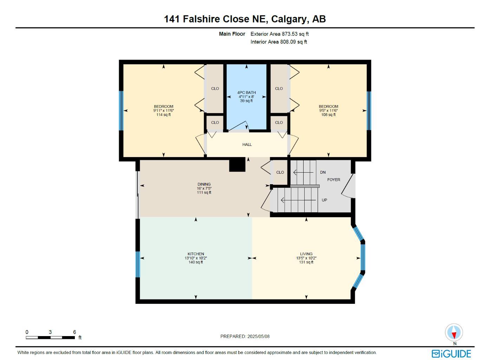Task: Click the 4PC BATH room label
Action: tap(246, 93)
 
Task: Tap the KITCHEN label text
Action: tap(196, 254)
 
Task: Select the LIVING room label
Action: tap(306, 254)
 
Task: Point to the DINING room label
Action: tap(204, 184)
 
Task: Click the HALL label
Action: tap(247, 144)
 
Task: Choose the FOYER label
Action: tap(333, 180)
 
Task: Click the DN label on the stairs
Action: tap(323, 172)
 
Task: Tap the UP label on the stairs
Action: tap(324, 200)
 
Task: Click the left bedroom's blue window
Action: tap(121, 110)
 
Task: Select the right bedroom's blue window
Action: tap(369, 110)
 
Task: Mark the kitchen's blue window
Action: tap(138, 264)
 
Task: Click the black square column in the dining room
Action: tap(237, 165)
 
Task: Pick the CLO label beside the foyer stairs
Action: tap(280, 172)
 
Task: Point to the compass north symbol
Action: tap(454, 333)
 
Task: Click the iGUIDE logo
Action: tap(451, 353)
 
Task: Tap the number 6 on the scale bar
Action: tap(74, 332)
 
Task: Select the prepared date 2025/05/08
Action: tap(258, 336)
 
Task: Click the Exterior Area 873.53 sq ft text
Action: tap(279, 34)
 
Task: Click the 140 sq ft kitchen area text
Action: tap(196, 262)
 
